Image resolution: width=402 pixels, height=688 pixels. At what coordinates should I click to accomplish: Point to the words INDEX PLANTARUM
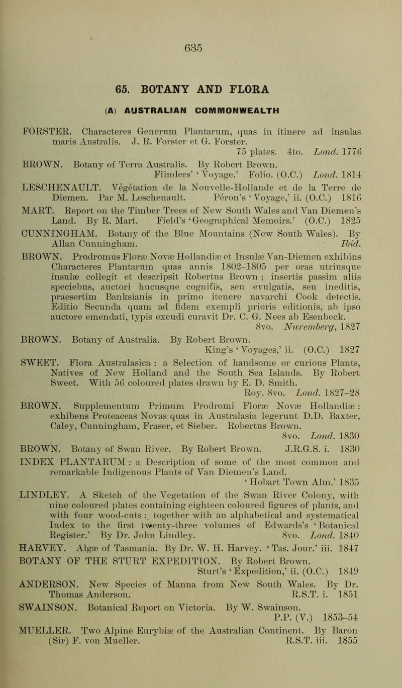(88, 504)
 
